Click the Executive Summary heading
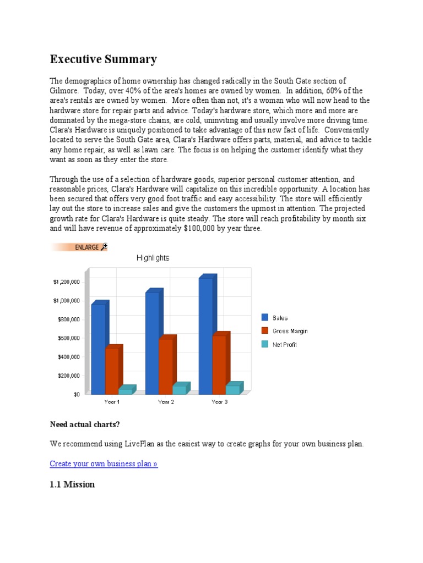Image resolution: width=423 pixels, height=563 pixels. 104,59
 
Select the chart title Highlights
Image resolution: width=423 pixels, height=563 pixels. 153,258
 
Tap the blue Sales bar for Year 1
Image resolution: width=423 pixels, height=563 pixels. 99,349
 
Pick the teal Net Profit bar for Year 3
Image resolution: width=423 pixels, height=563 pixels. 233,389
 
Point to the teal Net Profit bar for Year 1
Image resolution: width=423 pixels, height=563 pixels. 126,391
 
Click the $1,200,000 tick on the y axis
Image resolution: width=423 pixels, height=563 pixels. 67,281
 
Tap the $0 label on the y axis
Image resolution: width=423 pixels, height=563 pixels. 75,394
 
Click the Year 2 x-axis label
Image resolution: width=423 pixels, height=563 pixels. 166,402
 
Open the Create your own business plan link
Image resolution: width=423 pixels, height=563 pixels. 104,463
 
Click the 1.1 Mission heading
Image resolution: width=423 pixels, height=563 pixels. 72,484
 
